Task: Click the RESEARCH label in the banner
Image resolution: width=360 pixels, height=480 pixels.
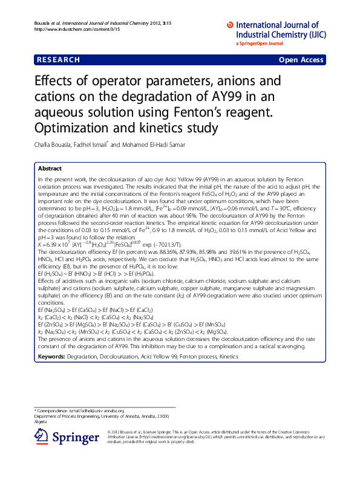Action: tap(59, 60)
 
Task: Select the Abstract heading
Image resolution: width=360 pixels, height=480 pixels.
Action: tap(50, 169)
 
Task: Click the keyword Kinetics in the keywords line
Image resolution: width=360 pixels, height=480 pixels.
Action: tap(229, 357)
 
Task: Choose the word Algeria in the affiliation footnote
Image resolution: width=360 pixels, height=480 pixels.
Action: tap(41, 421)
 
